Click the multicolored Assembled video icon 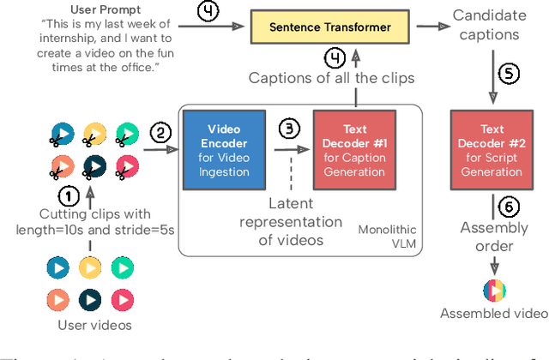pos(493,288)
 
